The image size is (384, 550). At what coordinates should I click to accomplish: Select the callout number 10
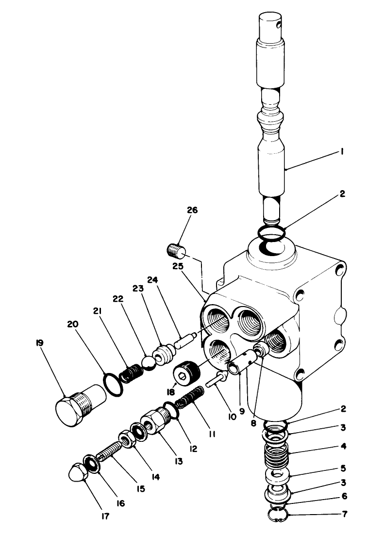click(232, 416)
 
